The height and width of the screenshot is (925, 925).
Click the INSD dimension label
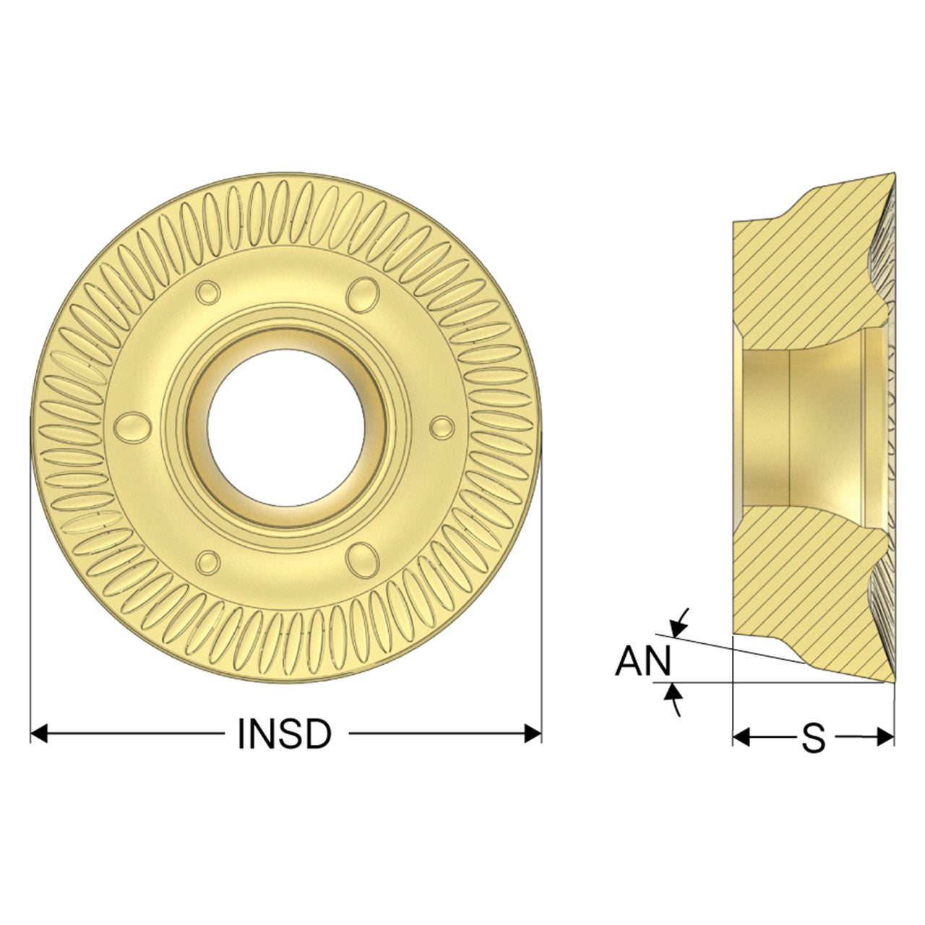tap(285, 734)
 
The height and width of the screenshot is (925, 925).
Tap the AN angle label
tap(642, 661)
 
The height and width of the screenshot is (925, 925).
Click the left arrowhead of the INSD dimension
tap(39, 734)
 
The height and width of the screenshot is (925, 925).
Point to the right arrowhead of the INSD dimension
tap(533, 734)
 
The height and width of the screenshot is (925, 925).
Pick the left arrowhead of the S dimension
tap(741, 737)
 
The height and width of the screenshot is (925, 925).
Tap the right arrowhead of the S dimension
tap(886, 737)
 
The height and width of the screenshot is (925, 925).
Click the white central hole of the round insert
tap(285, 428)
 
